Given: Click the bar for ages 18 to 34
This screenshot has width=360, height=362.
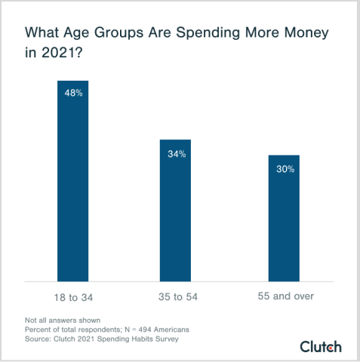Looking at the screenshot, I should point(72,181).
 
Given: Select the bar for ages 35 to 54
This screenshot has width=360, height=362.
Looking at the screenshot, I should point(175,210).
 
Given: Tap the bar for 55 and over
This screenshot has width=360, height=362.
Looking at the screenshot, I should point(285,218).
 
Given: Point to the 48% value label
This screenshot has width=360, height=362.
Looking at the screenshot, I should point(73,94).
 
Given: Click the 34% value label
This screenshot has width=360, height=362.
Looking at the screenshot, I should point(176,153).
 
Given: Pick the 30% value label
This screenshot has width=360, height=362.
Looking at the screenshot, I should point(285,169).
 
